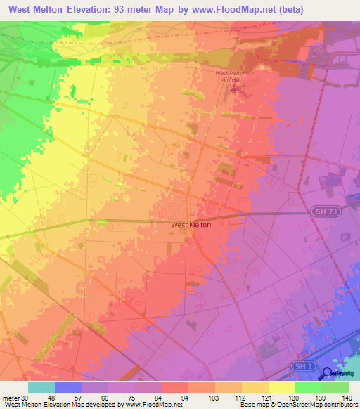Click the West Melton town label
coord(191,225)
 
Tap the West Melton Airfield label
coord(231,77)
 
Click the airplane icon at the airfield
coord(234,89)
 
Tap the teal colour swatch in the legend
coord(41,387)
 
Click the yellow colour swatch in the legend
coord(282,387)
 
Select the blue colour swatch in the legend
coord(68,387)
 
